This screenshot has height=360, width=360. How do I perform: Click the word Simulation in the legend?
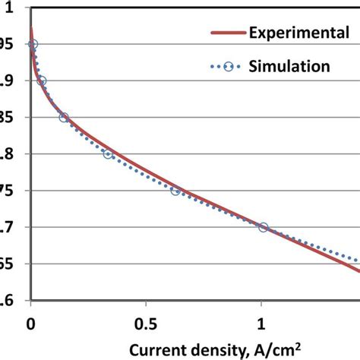point(289,66)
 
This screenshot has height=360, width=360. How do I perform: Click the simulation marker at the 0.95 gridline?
point(33,45)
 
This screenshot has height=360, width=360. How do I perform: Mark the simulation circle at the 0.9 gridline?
point(42,81)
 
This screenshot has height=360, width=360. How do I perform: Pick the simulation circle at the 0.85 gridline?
point(64,118)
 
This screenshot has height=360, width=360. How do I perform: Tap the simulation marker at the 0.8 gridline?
point(108,154)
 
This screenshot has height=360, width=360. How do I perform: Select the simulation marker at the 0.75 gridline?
point(175,191)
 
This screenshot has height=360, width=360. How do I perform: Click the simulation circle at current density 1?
point(264,227)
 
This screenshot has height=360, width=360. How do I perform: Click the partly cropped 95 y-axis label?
point(7,45)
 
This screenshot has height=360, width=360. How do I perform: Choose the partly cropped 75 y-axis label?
point(7,191)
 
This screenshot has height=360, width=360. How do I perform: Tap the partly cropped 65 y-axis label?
point(7,264)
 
